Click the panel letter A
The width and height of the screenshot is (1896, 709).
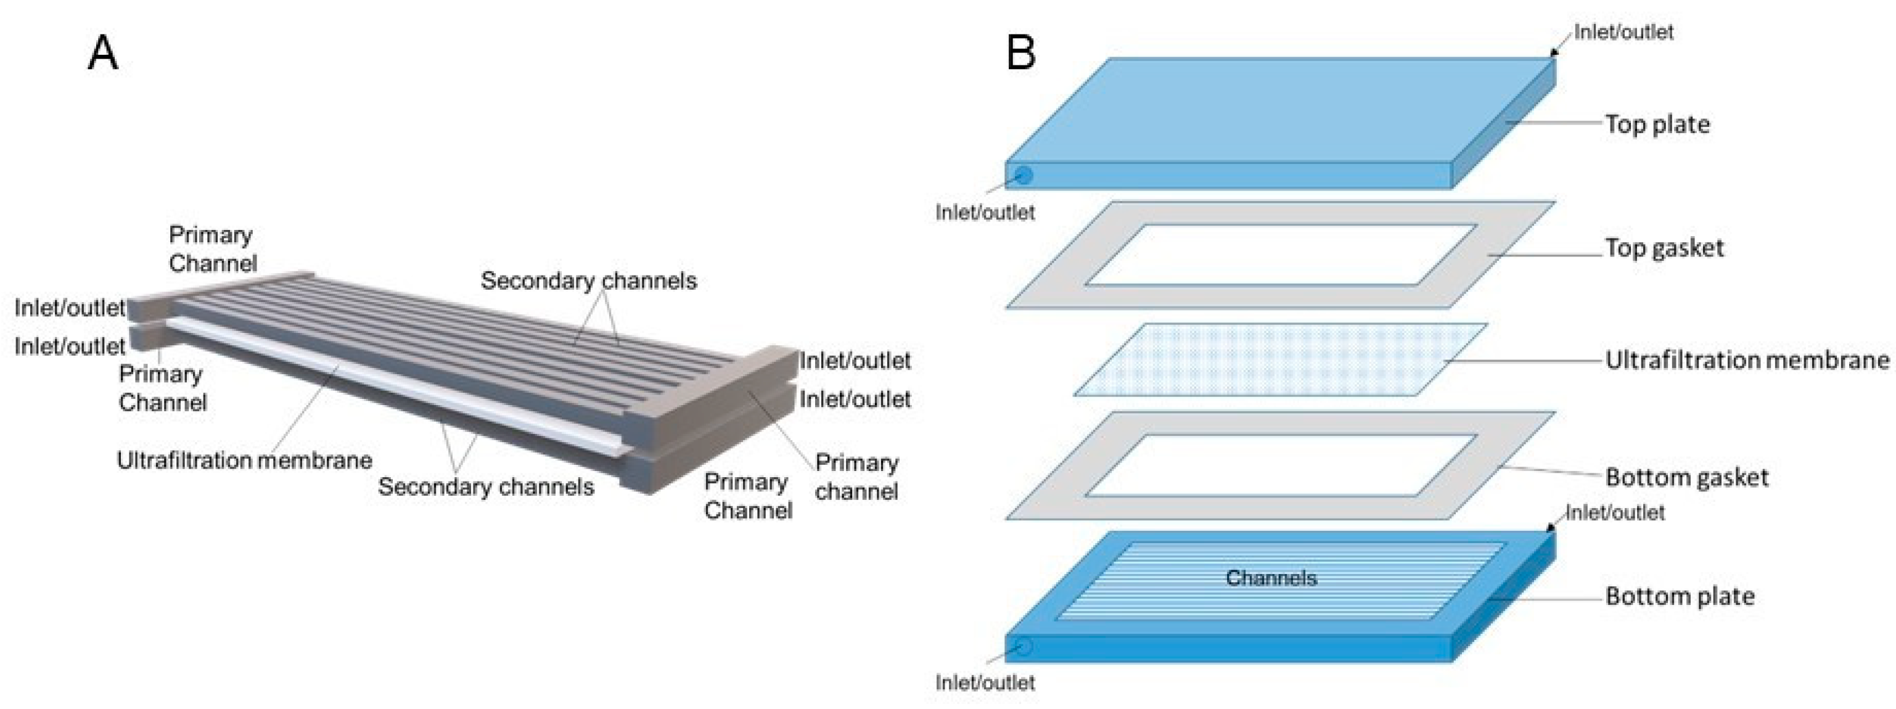pyautogui.click(x=102, y=54)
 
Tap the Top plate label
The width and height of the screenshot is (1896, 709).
pyautogui.click(x=1657, y=125)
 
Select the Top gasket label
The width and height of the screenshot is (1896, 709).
pyautogui.click(x=1664, y=248)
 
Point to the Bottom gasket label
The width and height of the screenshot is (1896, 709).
pyautogui.click(x=1686, y=478)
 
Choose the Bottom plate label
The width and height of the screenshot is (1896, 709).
pyautogui.click(x=1680, y=596)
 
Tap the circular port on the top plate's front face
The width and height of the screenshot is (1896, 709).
pyautogui.click(x=1024, y=175)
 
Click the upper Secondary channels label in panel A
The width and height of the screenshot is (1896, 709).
pyautogui.click(x=588, y=281)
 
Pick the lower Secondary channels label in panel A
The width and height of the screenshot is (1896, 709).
pyautogui.click(x=486, y=486)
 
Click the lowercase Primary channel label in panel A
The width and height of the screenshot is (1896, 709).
pyautogui.click(x=856, y=477)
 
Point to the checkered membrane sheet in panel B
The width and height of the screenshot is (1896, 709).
pyautogui.click(x=1281, y=360)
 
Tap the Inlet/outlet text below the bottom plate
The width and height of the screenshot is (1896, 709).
pyautogui.click(x=984, y=683)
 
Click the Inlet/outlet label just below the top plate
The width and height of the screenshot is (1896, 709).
pyautogui.click(x=984, y=213)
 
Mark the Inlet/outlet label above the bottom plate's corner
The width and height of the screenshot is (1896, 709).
pyautogui.click(x=1614, y=512)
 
